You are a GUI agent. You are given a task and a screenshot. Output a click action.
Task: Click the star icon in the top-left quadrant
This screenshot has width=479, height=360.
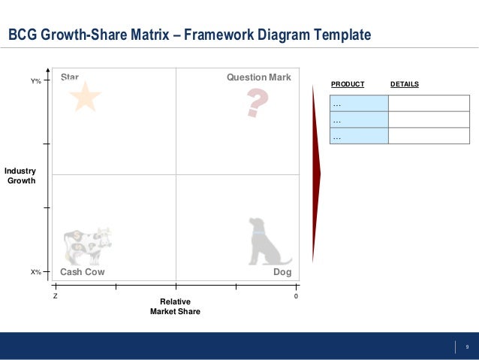pyautogui.click(x=85, y=98)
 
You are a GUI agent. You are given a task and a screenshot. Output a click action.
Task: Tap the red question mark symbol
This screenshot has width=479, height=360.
pyautogui.click(x=257, y=103)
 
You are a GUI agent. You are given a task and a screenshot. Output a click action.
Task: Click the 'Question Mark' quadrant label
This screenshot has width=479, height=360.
pyautogui.click(x=258, y=77)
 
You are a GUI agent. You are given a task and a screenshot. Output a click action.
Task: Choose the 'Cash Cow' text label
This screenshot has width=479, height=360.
pyautogui.click(x=82, y=272)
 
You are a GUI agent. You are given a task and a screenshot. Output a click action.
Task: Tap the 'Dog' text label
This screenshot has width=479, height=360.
pyautogui.click(x=282, y=272)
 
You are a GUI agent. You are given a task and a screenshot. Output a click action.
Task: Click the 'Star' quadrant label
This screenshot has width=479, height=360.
pyautogui.click(x=70, y=77)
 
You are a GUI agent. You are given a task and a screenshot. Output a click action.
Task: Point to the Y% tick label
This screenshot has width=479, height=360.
pyautogui.click(x=35, y=80)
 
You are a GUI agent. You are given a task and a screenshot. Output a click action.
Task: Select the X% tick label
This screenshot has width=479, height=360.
pyautogui.click(x=35, y=272)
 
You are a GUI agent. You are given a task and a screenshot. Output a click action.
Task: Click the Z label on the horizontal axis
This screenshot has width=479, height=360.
pyautogui.click(x=55, y=297)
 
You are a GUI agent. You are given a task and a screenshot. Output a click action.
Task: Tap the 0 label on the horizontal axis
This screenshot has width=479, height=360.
pyautogui.click(x=296, y=297)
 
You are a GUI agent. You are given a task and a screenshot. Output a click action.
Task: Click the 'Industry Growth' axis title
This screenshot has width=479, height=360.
pyautogui.click(x=21, y=176)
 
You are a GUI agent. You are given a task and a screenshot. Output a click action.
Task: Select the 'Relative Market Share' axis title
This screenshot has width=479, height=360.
pyautogui.click(x=175, y=306)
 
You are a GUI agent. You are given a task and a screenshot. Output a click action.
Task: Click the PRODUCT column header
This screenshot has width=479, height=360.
pyautogui.click(x=348, y=84)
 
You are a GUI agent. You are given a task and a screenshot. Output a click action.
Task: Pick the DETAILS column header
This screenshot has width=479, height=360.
pyautogui.click(x=405, y=84)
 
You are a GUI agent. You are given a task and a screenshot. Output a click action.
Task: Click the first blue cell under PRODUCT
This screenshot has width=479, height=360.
pyautogui.click(x=359, y=104)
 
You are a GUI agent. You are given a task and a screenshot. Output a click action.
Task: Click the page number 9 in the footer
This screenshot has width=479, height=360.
pyautogui.click(x=467, y=346)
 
